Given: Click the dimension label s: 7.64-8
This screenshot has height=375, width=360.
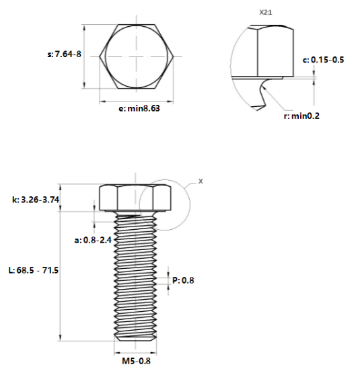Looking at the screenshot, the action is pos(64,54).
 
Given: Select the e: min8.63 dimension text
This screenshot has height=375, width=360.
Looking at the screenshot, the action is pos(139,109).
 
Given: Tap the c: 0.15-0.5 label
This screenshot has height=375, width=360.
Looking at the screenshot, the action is pos(323,60).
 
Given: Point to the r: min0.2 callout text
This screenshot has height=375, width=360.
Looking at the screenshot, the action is pos(301,116).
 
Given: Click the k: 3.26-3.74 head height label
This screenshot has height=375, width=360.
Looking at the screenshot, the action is pos(36,200).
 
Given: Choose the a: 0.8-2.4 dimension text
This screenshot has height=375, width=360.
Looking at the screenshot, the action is pos(93,240).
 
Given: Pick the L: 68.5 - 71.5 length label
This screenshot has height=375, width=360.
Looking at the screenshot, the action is pos(33,270).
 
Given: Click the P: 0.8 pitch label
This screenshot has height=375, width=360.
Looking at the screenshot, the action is pos(183,280).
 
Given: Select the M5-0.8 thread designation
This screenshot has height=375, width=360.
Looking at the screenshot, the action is pos(137,361).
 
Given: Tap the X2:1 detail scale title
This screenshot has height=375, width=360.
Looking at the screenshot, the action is pos(266,13).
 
